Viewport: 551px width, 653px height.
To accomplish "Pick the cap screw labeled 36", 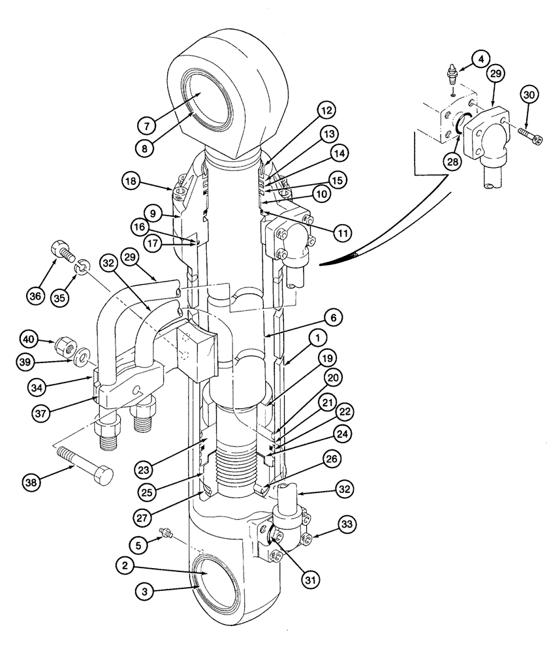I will click(x=59, y=252).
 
